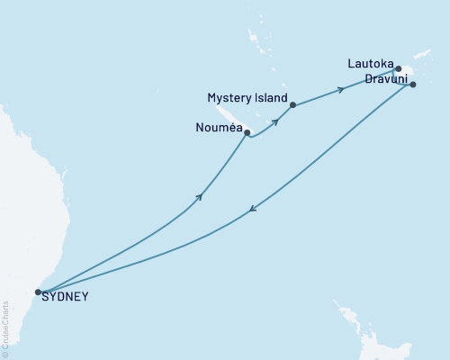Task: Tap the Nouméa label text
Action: [x=218, y=129]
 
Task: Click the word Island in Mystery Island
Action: [x=270, y=97]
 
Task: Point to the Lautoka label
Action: [x=369, y=65]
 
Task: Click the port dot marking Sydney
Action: [x=38, y=292]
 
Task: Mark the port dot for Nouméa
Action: [x=247, y=132]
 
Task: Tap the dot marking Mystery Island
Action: [x=293, y=104]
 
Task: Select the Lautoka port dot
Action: [x=398, y=68]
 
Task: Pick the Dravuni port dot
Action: [x=413, y=85]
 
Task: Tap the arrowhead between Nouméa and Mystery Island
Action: [x=274, y=121]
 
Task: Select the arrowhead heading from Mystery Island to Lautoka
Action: [x=340, y=89]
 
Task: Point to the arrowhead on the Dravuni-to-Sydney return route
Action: [x=253, y=210]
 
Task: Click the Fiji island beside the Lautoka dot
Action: [x=408, y=72]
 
